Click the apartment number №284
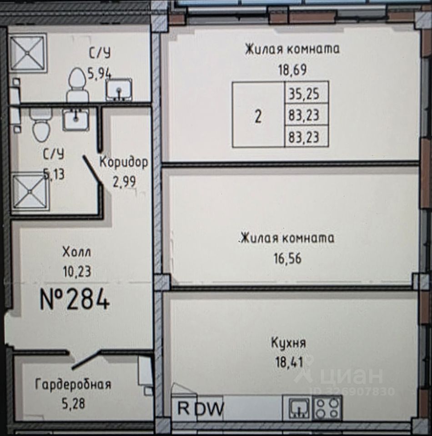[75, 300]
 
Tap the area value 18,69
[292, 70]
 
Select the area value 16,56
[287, 259]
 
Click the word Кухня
[288, 343]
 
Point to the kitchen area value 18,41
[288, 362]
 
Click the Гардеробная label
[73, 385]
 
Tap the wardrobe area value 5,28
[73, 403]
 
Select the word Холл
[77, 251]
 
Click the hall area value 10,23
[77, 271]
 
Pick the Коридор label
[124, 162]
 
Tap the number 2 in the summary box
[258, 117]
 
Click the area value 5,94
[100, 73]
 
